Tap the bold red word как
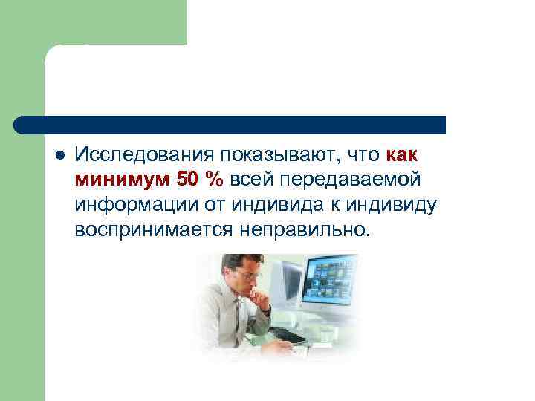402,155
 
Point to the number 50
187,180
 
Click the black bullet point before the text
59,156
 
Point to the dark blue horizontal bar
230,125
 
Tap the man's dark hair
241,261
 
